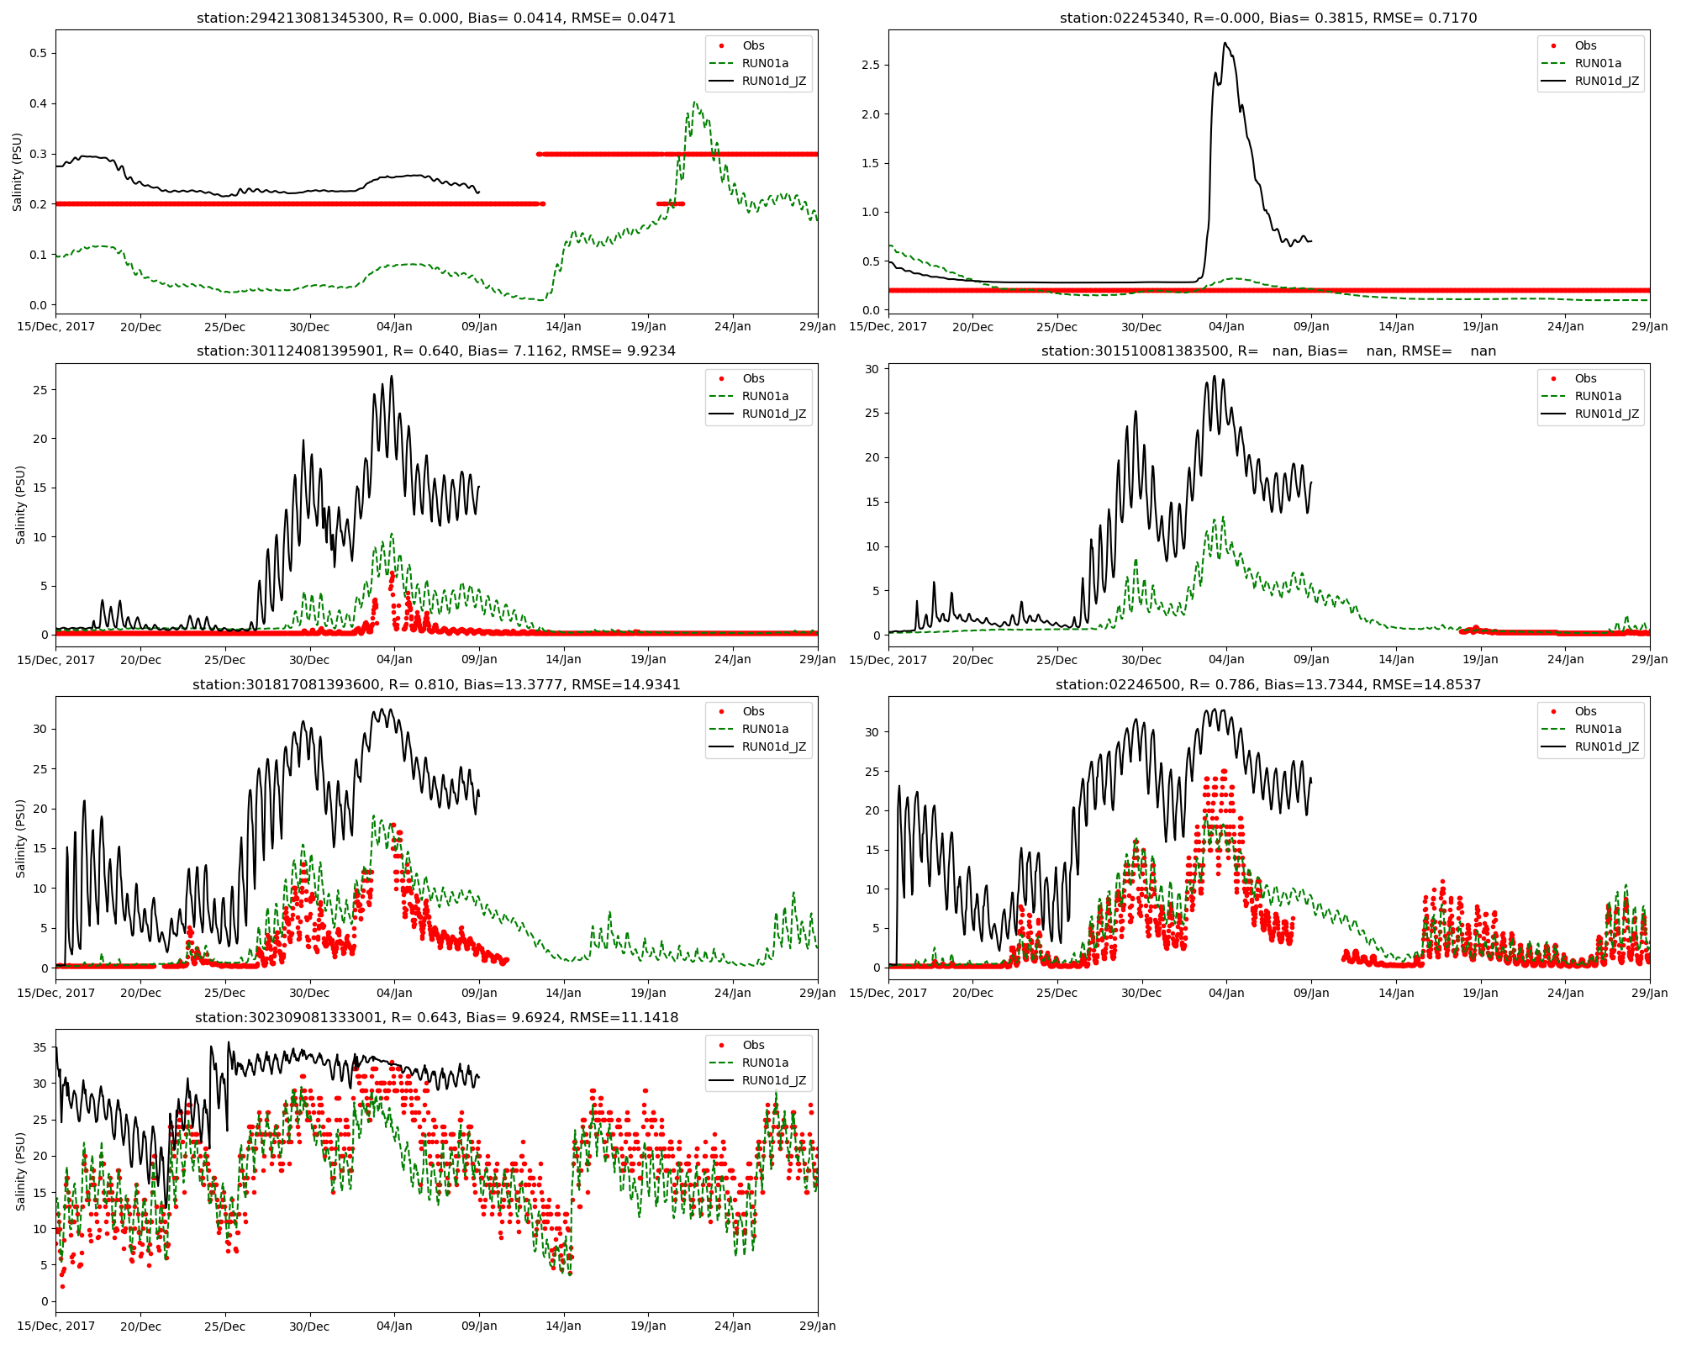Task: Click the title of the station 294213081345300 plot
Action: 436,18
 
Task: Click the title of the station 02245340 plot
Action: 1268,18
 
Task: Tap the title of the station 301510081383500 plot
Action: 1268,351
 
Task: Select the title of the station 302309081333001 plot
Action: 436,1017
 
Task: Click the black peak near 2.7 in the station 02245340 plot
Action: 1225,43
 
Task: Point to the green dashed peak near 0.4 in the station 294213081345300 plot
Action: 694,103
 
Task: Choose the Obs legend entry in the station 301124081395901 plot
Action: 753,378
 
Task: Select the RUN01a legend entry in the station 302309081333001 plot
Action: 765,1063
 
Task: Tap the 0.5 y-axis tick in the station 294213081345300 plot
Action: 37,53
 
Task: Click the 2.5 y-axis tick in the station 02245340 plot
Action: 871,65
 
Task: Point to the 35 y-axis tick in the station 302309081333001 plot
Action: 40,1047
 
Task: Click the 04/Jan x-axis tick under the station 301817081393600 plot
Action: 394,993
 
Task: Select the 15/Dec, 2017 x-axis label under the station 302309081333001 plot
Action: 56,1326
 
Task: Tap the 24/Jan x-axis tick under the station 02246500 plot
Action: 1565,993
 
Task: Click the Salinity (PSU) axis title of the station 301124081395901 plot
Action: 20,504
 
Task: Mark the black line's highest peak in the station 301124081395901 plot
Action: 392,376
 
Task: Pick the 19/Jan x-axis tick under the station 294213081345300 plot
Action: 648,326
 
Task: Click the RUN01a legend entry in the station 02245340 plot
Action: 1597,63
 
